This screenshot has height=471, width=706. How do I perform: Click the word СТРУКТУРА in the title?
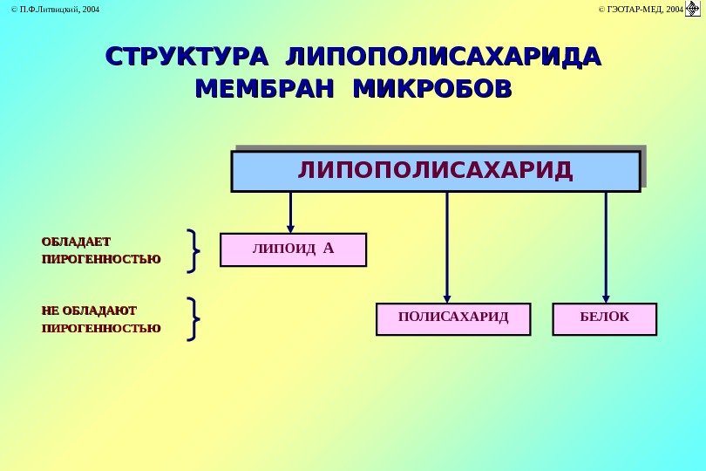pos(183,57)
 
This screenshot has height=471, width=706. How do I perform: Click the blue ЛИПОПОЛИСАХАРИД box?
pos(436,170)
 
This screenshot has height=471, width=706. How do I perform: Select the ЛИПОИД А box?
pos(293,249)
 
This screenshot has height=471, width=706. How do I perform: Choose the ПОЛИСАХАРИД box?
pos(453,319)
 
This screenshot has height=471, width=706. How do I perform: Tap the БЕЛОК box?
pos(605,319)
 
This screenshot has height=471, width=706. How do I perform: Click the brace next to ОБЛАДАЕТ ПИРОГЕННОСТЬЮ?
pos(194,250)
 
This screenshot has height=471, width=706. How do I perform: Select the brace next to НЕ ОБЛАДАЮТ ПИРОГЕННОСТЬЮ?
pos(194,318)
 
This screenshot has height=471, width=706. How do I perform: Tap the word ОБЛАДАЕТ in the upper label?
pos(77,241)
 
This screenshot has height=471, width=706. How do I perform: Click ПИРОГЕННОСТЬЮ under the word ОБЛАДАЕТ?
pos(101,259)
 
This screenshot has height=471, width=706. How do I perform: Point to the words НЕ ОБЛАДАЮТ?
pos(89,310)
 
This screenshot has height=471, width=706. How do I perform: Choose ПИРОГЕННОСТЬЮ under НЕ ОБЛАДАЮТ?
pos(101,329)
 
